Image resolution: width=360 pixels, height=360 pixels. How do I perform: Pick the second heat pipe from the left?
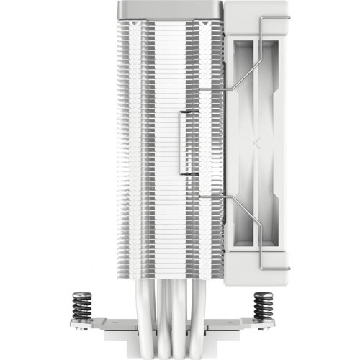(x=173, y=317)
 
